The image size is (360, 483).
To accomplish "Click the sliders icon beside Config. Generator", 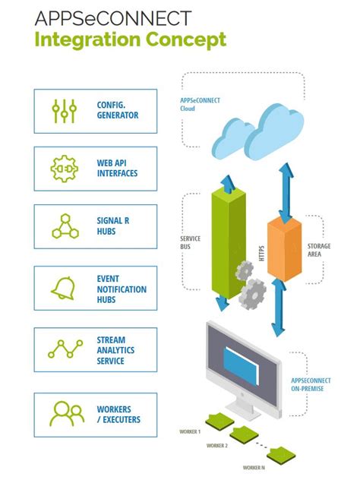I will (x=64, y=110).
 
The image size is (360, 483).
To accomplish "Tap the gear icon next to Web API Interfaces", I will (x=64, y=169).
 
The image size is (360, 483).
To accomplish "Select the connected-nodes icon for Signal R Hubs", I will (x=64, y=226).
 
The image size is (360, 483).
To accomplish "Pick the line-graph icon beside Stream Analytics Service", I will (x=64, y=349).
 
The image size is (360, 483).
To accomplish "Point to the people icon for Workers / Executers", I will (x=64, y=414).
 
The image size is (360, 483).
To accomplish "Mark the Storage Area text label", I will (x=319, y=250).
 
